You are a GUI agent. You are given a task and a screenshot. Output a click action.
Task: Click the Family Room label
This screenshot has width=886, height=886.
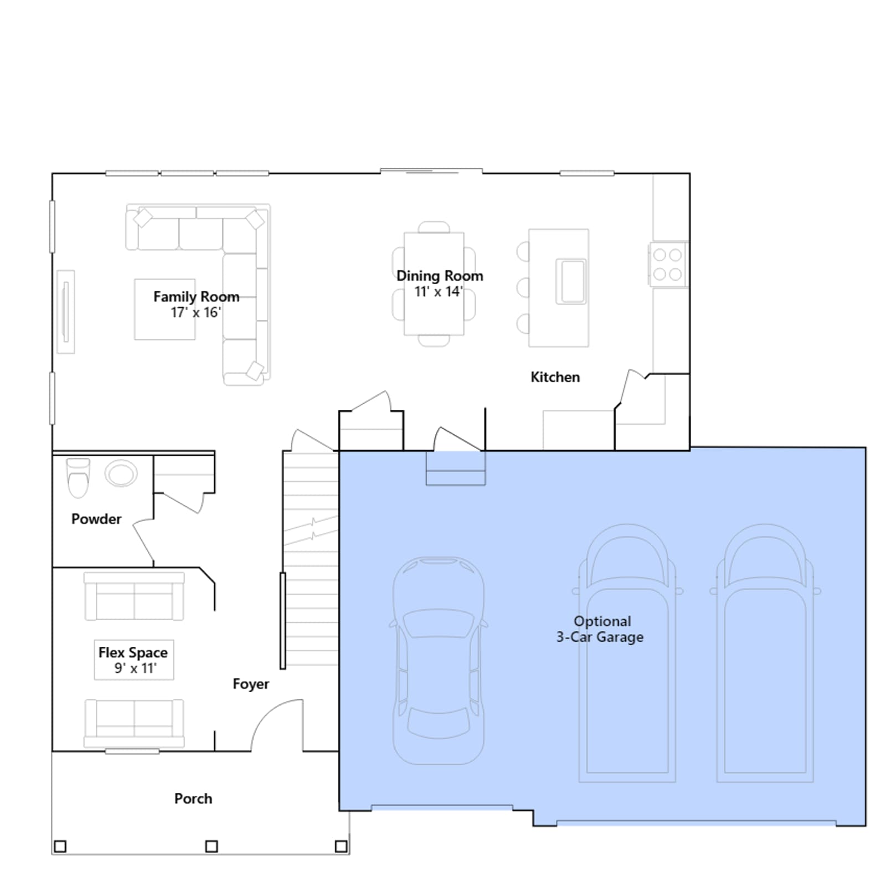[x=196, y=297]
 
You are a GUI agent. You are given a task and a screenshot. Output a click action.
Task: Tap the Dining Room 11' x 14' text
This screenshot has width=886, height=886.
[x=440, y=284]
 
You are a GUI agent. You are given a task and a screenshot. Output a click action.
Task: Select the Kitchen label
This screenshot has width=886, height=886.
[x=555, y=377]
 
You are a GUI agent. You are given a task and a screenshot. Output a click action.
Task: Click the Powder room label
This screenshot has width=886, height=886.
[x=96, y=519]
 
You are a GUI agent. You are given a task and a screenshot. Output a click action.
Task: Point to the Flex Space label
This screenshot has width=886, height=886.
[x=133, y=653]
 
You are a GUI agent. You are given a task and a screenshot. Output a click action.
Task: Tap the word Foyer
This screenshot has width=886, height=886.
[x=251, y=684]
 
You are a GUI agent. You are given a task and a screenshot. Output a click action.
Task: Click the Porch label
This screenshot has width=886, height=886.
[x=193, y=799]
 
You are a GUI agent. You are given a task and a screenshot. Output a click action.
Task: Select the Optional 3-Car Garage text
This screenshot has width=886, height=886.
[x=600, y=629]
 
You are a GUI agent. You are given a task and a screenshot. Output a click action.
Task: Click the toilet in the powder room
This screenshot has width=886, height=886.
[x=78, y=478]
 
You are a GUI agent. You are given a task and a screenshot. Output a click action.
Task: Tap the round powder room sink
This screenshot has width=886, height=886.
[x=121, y=474]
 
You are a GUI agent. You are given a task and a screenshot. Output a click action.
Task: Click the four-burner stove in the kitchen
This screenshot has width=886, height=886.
[x=668, y=264]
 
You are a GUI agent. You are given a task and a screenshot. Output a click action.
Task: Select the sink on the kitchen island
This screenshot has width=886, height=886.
[x=571, y=281]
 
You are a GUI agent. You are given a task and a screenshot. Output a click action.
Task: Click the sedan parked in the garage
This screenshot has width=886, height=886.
[x=439, y=661]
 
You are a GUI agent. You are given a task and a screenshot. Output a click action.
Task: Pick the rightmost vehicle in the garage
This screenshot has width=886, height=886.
[x=765, y=653]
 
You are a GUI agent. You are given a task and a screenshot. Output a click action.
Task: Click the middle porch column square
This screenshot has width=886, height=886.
[x=212, y=846]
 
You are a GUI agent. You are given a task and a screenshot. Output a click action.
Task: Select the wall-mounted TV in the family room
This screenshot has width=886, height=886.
[x=66, y=312]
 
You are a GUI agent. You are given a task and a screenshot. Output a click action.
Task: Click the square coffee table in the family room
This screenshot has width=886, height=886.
[x=165, y=309]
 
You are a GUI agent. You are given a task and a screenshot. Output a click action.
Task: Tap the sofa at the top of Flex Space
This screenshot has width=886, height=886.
[x=134, y=596]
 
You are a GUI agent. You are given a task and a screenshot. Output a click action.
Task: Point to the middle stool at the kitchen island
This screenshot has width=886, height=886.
[x=523, y=288]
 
